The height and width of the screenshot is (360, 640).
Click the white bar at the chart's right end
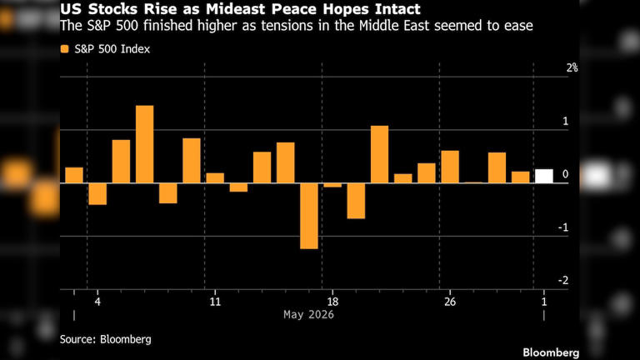(544, 176)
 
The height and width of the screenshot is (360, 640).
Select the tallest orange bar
(144, 144)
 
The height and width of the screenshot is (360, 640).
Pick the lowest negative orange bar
(309, 216)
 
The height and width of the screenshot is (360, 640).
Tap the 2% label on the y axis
(572, 67)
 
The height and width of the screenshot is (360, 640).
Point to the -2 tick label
(563, 280)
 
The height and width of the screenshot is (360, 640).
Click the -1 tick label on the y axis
(563, 227)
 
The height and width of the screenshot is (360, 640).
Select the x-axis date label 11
(215, 302)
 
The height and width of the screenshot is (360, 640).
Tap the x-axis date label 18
(332, 302)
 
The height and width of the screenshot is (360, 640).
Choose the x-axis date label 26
(450, 302)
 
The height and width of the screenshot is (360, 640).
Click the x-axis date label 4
(97, 302)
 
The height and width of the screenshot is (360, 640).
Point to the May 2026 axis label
(308, 315)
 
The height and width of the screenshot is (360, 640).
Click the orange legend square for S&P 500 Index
(64, 49)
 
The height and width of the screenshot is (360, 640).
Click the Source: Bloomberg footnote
(105, 339)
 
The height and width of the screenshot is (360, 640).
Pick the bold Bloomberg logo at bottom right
(551, 352)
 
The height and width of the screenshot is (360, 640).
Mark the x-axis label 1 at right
(543, 302)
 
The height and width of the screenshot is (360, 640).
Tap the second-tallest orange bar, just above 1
(380, 154)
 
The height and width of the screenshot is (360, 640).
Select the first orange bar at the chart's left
(74, 175)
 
